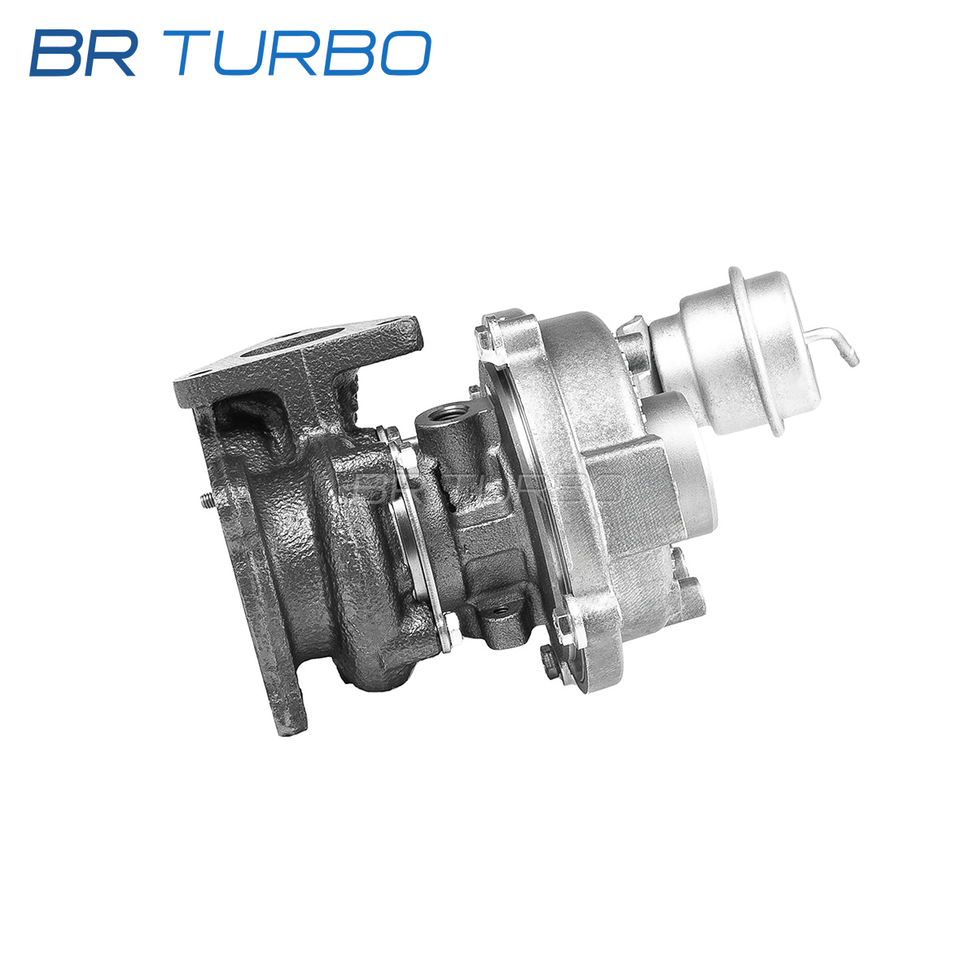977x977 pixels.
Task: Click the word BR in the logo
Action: pyautogui.click(x=84, y=53)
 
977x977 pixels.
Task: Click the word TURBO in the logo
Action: pyautogui.click(x=297, y=53)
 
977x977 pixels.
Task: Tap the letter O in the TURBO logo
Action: pyautogui.click(x=405, y=53)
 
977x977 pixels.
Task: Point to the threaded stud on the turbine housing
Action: pyautogui.click(x=208, y=501)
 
